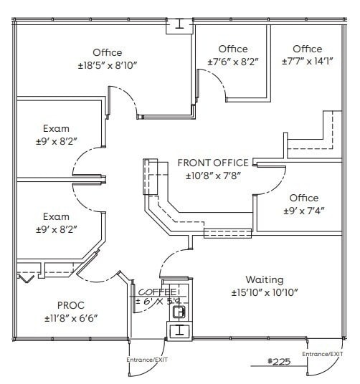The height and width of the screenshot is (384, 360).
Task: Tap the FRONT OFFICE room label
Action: pos(213,163)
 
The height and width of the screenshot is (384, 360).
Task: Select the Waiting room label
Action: pos(264,279)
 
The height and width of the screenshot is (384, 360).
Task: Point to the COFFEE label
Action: pos(157,292)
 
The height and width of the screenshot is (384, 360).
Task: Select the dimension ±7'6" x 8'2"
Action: pos(232,62)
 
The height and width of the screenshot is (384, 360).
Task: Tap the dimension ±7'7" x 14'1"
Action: pos(307,62)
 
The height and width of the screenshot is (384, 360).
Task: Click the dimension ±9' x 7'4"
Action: pos(303,211)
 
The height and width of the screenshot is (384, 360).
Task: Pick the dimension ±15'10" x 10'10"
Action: pos(264,293)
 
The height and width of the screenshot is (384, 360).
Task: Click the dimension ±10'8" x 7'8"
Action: pos(213,176)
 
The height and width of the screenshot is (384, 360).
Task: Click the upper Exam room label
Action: pos(56,129)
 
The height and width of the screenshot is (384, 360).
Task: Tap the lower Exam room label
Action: pos(56,216)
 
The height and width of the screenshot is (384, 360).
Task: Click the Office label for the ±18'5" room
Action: pos(108,52)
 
